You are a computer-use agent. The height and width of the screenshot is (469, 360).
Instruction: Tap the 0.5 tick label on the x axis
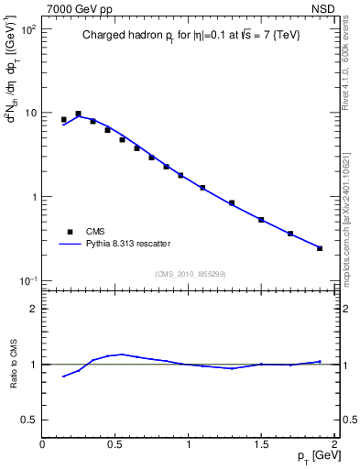coord(115,443)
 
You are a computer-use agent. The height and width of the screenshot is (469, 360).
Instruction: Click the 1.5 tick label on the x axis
coord(261,443)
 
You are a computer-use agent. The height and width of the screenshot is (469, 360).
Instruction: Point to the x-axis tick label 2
coord(334,443)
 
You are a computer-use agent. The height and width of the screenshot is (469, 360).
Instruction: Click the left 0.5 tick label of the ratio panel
coord(27,420)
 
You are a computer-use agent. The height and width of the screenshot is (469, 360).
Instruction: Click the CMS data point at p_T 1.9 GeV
coord(320,248)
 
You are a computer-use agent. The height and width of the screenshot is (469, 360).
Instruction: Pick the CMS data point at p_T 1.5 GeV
coord(261,220)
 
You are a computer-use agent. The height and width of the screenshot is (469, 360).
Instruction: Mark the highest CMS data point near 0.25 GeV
coord(79,114)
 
